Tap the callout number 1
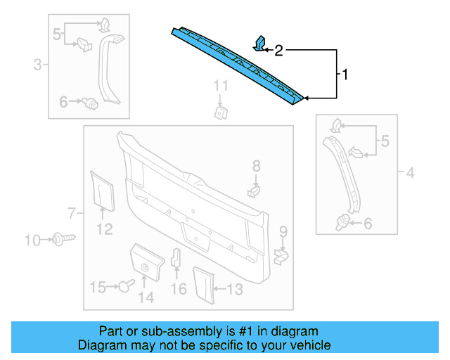click(x=344, y=73)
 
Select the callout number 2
click(x=278, y=50)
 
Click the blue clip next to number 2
click(x=259, y=44)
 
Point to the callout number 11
click(x=221, y=86)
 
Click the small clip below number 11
click(x=220, y=112)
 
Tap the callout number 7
click(x=70, y=212)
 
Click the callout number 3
click(x=37, y=66)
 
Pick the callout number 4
click(x=411, y=171)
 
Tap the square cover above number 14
click(x=147, y=261)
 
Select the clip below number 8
click(x=255, y=189)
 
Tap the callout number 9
click(x=283, y=231)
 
